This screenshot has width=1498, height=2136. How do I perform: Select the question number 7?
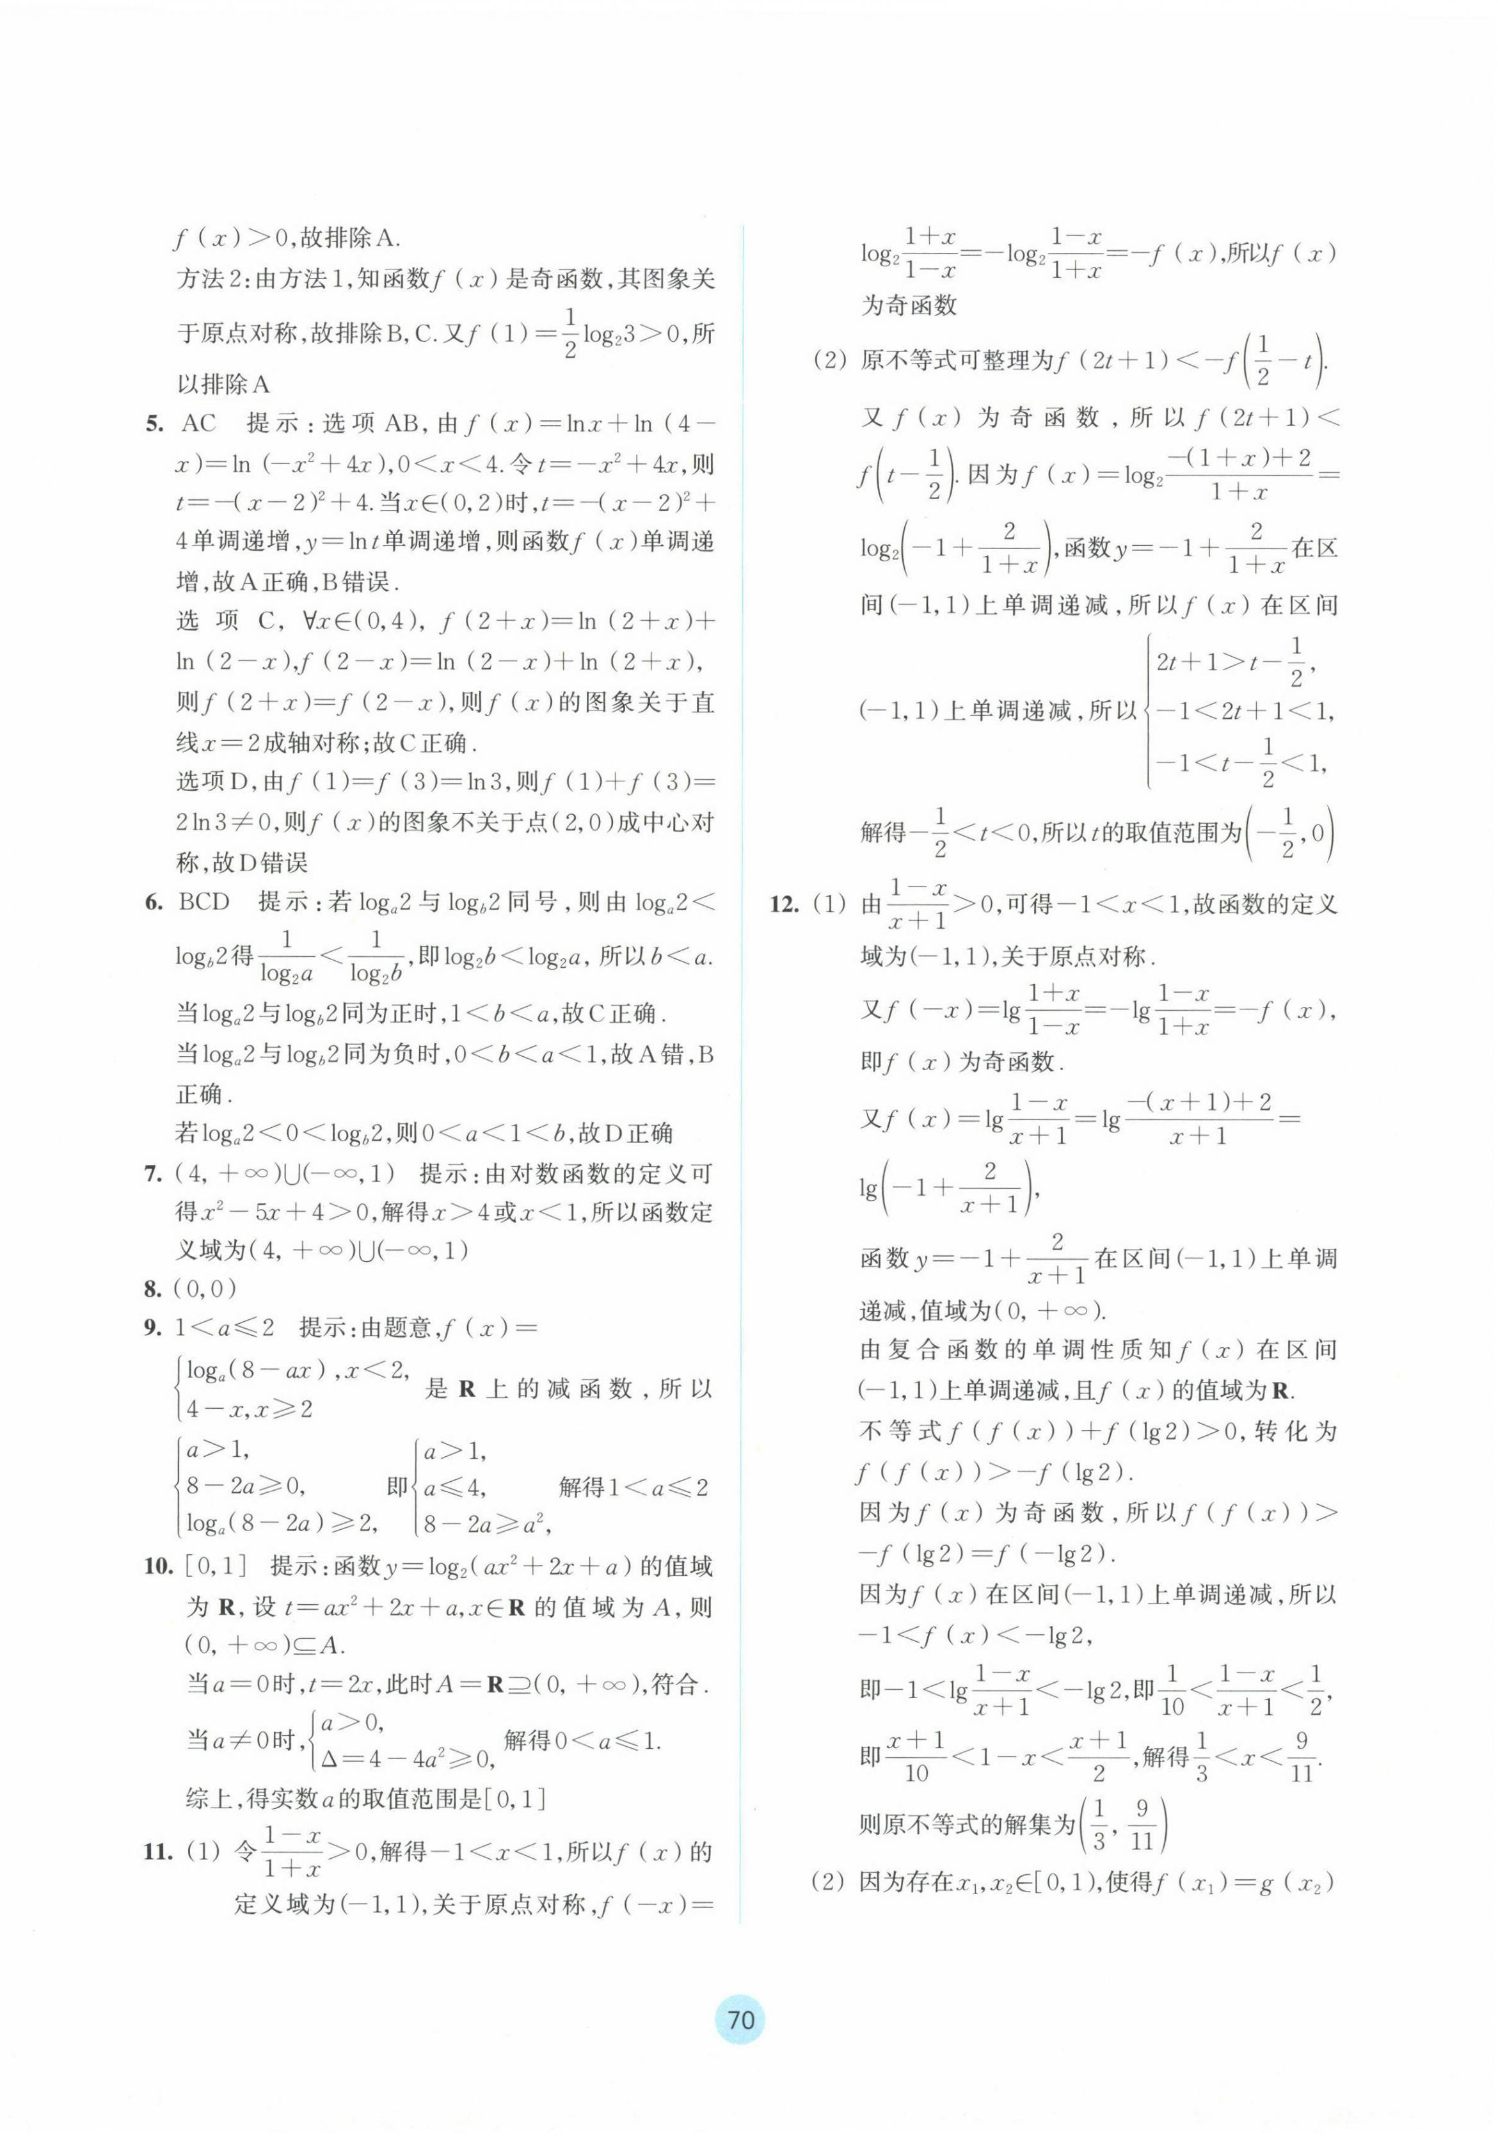coord(154,1173)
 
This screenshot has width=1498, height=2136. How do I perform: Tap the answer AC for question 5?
coord(198,424)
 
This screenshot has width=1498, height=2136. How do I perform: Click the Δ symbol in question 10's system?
coord(328,1758)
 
